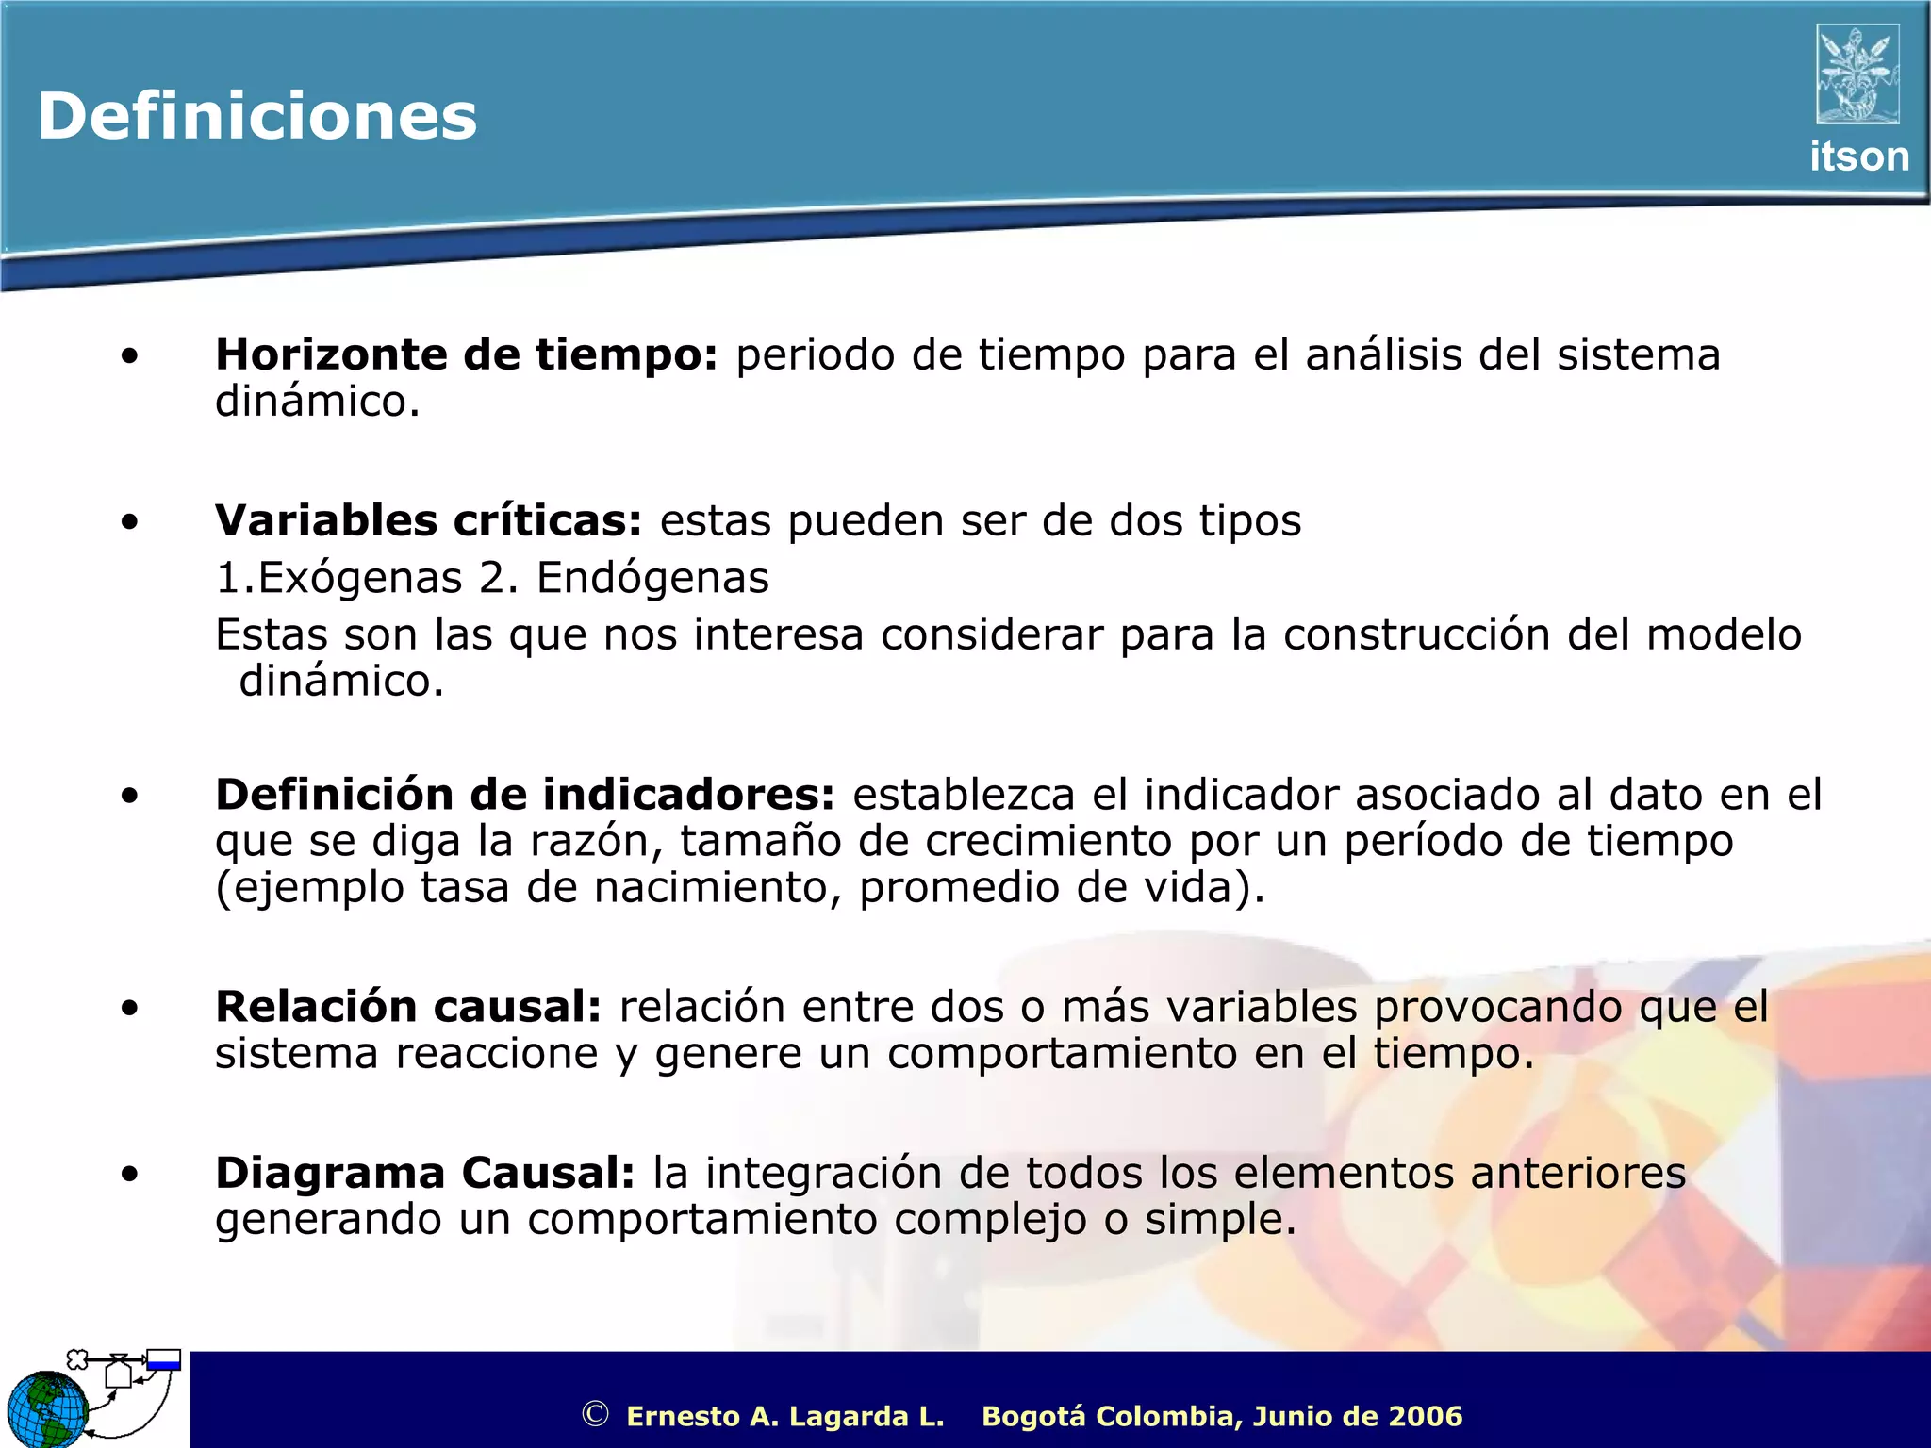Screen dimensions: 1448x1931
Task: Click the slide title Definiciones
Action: point(257,117)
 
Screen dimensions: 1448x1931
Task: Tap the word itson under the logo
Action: point(1858,156)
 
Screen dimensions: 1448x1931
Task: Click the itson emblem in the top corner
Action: point(1857,74)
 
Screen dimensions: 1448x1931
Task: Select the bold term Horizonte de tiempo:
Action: point(467,355)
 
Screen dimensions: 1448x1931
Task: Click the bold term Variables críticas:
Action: point(428,521)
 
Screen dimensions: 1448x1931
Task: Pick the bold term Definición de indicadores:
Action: point(525,796)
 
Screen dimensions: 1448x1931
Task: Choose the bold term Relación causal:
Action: point(408,1008)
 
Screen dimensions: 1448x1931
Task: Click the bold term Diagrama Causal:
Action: point(425,1174)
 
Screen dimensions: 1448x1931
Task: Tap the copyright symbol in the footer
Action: point(595,1414)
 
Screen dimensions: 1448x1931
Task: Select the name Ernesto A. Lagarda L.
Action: point(784,1416)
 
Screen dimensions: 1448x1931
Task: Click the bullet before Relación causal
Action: point(130,1009)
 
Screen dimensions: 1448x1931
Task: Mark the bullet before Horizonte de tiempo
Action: point(130,356)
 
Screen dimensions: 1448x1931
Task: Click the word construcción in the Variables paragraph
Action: point(1416,635)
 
